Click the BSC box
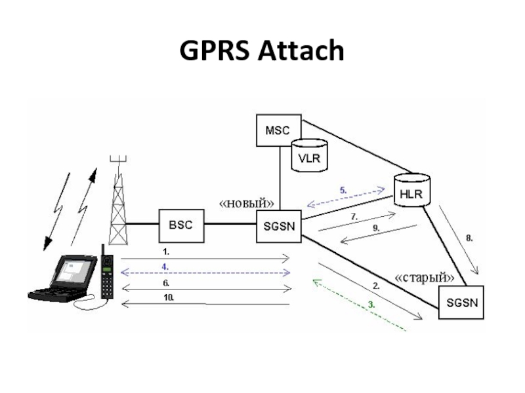182,225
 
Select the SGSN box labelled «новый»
278,225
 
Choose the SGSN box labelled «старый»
463,303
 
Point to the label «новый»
246,203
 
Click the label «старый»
425,277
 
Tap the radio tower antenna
118,196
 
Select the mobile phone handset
106,275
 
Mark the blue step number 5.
343,190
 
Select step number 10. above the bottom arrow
169,297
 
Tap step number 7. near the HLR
354,215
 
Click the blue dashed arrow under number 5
346,197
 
